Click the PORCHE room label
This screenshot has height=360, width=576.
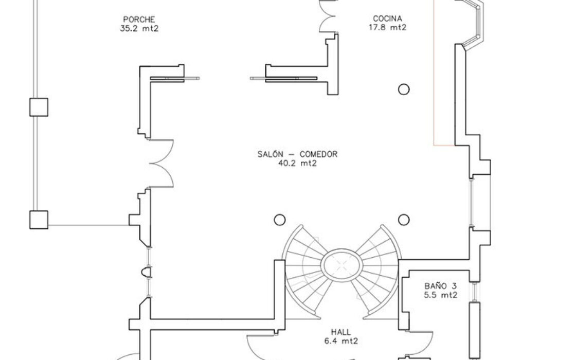[x=139, y=20]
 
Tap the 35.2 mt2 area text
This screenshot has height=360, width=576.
[x=139, y=29]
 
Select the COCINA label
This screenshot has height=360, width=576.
[x=388, y=19]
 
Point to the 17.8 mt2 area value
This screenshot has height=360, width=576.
[x=388, y=27]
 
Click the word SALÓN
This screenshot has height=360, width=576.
[x=271, y=154]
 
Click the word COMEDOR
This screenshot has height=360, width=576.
[x=318, y=154]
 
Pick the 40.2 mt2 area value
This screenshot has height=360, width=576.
[x=297, y=164]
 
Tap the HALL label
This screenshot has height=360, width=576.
[x=341, y=332]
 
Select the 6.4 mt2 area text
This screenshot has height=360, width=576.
[x=341, y=341]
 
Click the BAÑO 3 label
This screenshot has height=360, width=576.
[x=440, y=286]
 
